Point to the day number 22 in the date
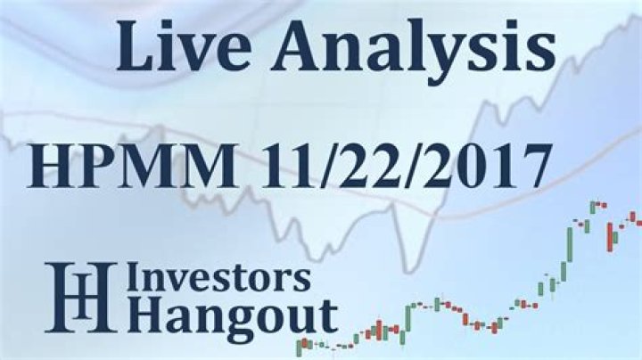pyautogui.click(x=371, y=168)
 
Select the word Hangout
pyautogui.click(x=231, y=316)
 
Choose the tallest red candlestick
pyautogui.click(x=613, y=235)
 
